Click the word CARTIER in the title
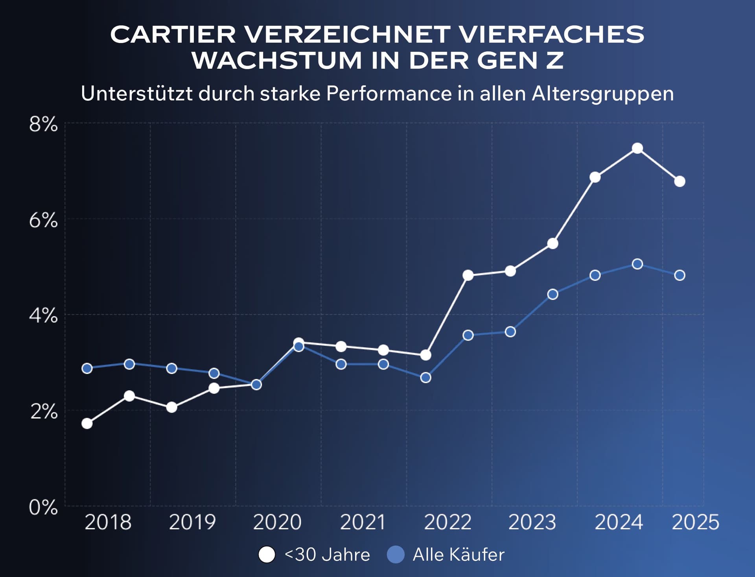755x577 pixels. coord(173,35)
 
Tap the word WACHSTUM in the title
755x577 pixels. coord(276,61)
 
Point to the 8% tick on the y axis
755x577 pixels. coord(43,124)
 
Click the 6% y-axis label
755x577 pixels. coord(43,220)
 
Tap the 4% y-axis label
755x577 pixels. coord(43,315)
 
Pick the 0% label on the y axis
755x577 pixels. coord(43,507)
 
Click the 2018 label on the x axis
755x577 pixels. coord(108,522)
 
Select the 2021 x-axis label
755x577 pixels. coord(363,522)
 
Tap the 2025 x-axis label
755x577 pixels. coord(695,522)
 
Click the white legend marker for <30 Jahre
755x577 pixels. coord(267,555)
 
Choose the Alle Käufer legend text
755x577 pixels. coord(458,555)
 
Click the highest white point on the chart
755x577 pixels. coord(637,148)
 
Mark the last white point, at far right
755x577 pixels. coord(679,181)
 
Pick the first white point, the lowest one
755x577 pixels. coord(87,424)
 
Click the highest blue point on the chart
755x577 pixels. coord(637,264)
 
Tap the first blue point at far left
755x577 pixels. coord(87,369)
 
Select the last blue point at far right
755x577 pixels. coord(679,275)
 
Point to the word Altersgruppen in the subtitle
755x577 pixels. coord(602,94)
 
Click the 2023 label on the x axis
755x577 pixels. coord(532,522)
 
